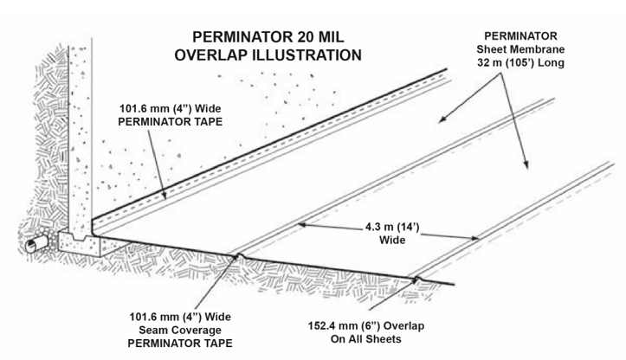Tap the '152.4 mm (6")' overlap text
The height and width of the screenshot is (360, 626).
coord(358,325)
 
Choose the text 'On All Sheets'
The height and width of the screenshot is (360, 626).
coord(358,340)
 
